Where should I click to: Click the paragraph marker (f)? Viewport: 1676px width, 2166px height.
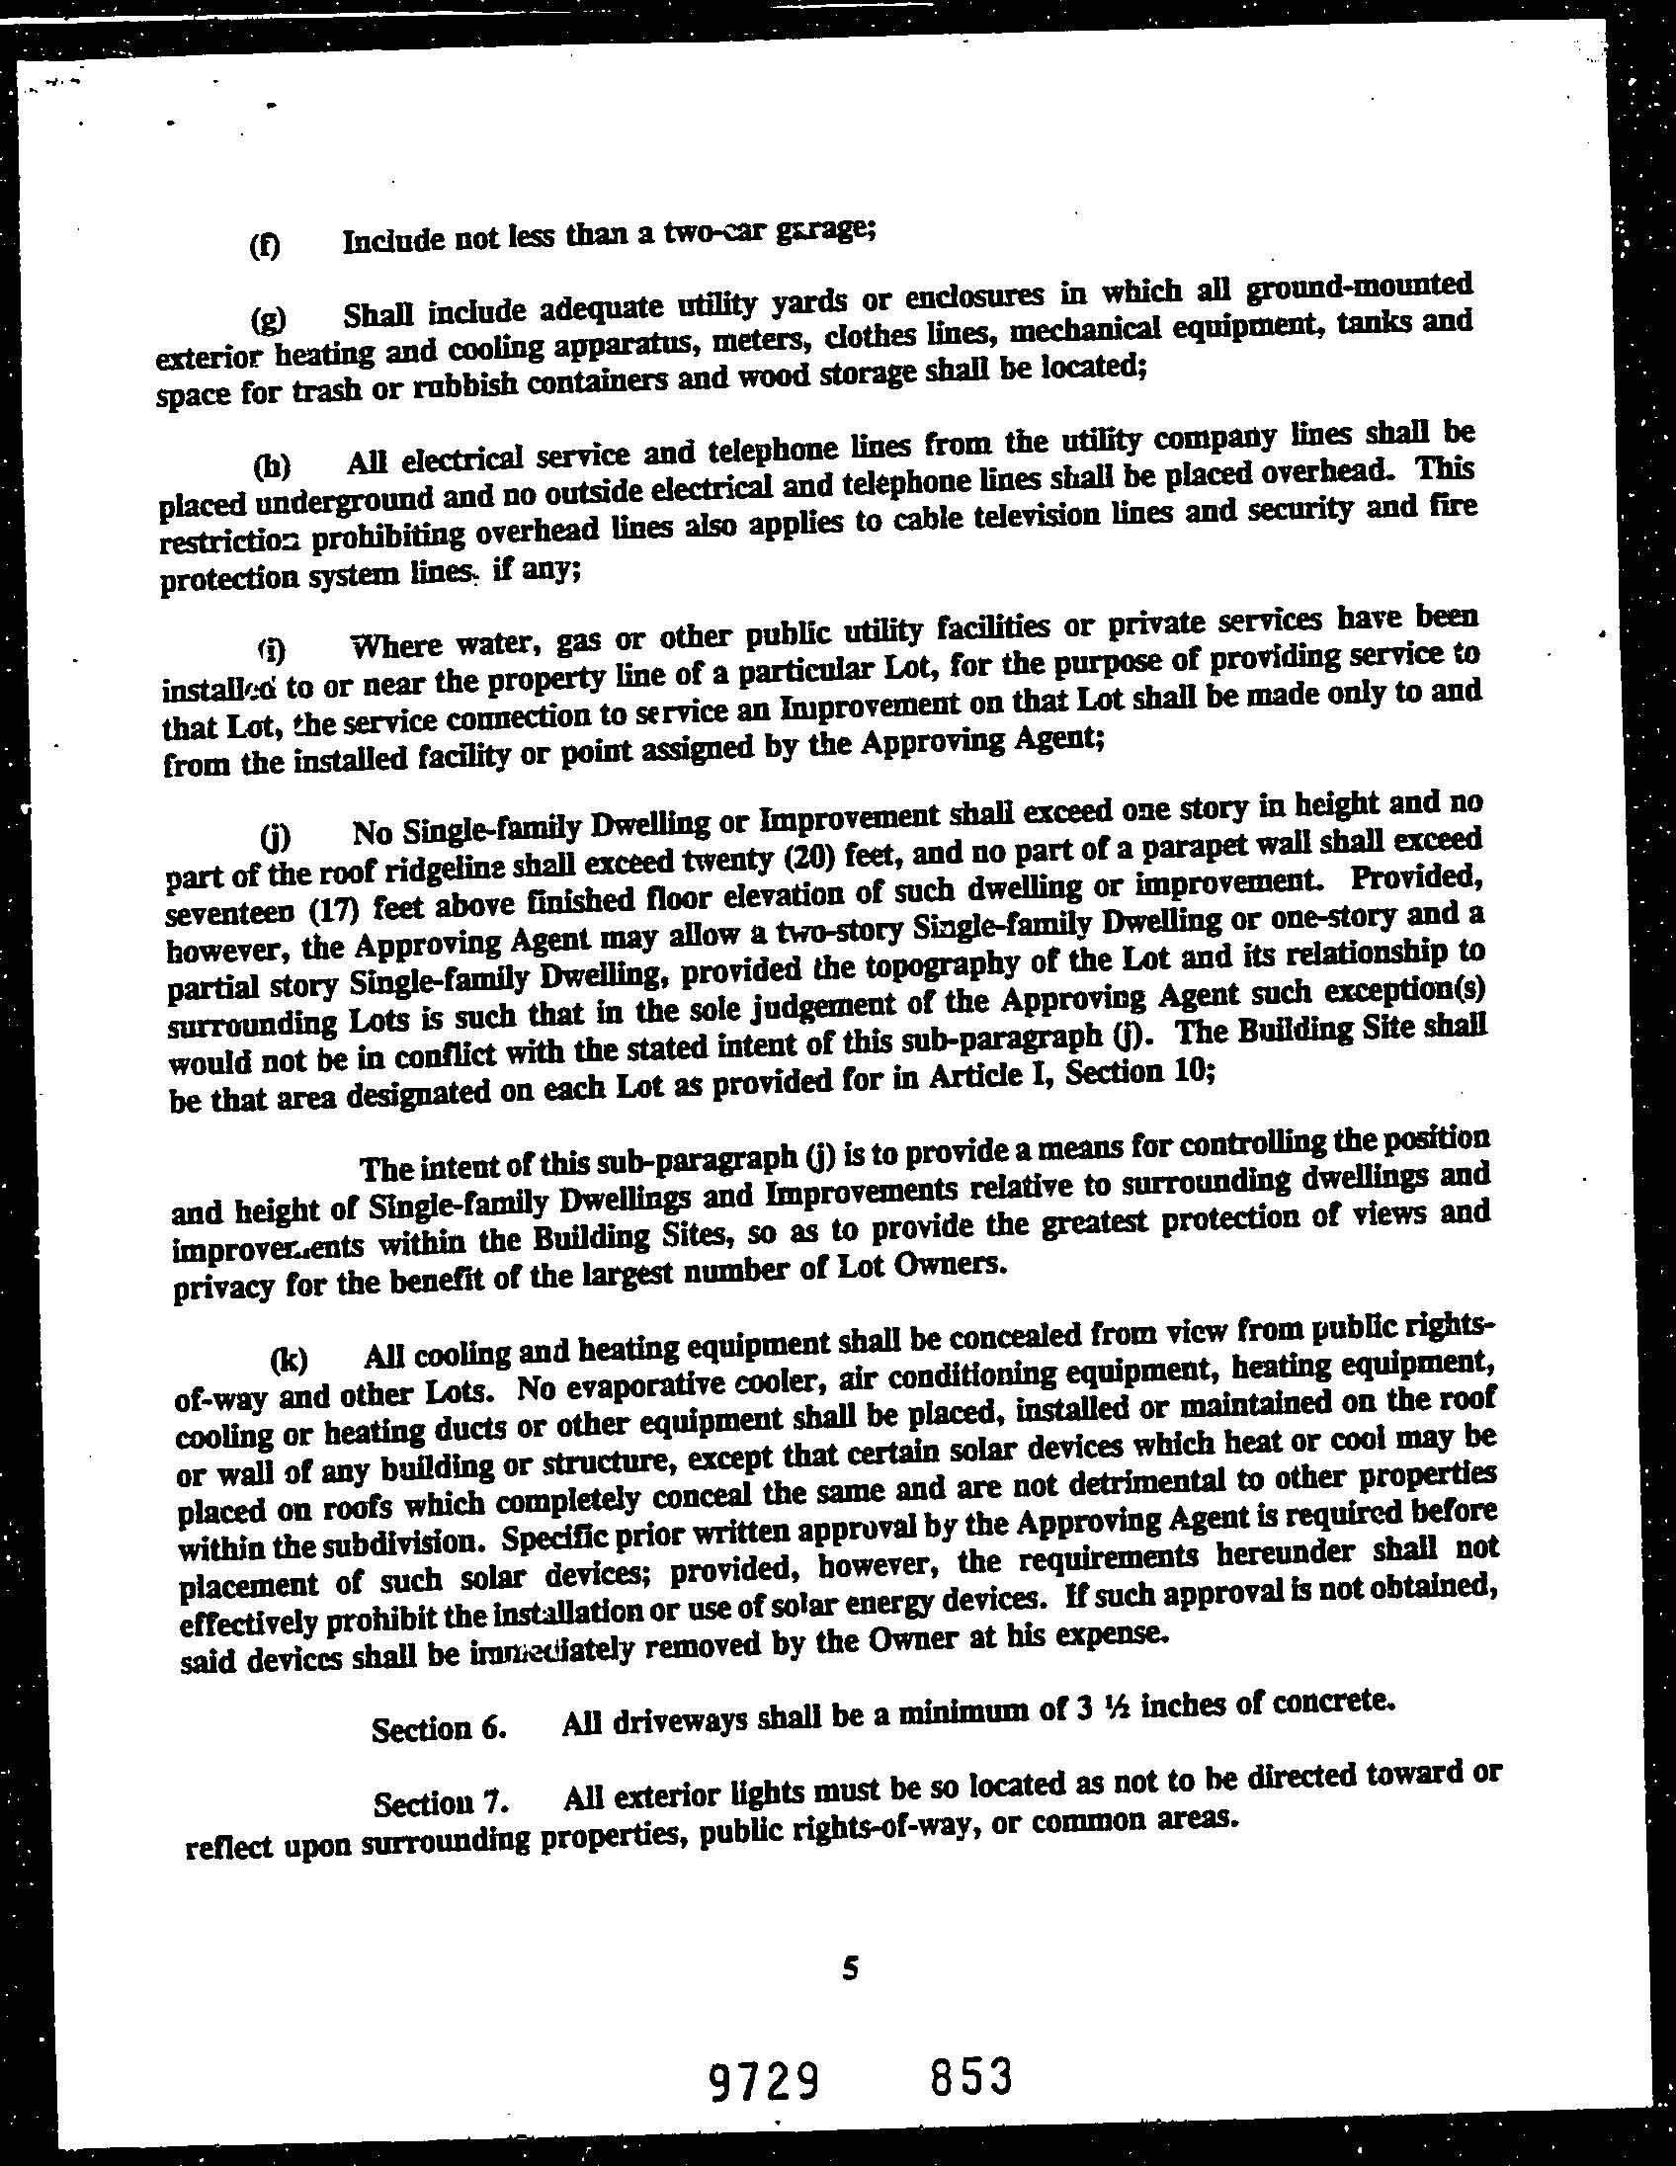click(x=265, y=246)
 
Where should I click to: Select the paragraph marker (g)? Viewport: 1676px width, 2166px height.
click(x=268, y=318)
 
